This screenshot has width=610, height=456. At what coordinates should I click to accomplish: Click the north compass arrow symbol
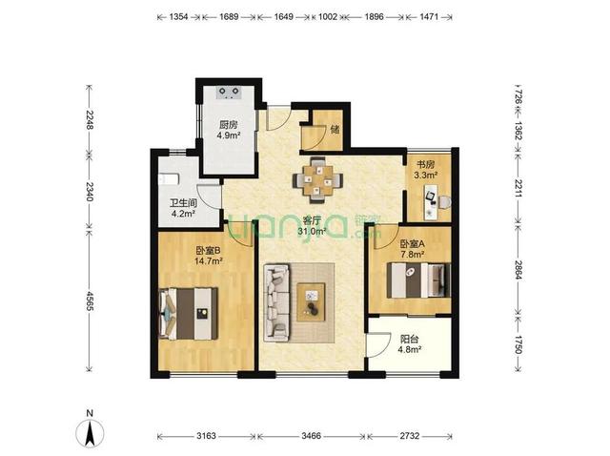click(x=90, y=433)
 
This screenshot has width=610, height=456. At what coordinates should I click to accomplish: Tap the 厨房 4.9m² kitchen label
click(x=229, y=130)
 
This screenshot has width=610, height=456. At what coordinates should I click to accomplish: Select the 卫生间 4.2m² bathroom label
click(x=183, y=208)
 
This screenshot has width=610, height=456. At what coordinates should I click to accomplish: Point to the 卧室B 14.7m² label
click(x=208, y=255)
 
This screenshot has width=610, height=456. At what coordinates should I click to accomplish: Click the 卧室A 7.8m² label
click(x=413, y=249)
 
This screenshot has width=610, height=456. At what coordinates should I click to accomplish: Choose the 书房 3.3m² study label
click(x=426, y=170)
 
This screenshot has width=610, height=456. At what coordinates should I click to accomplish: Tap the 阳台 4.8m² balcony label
click(x=410, y=343)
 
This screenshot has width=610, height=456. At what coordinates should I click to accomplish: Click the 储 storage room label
click(x=335, y=130)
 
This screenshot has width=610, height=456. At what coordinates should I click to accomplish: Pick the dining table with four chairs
click(x=318, y=180)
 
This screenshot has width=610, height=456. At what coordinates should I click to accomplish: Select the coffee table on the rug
click(x=311, y=301)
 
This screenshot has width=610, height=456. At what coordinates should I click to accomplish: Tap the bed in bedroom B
click(x=189, y=314)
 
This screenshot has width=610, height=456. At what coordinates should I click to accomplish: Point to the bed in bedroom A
click(x=418, y=280)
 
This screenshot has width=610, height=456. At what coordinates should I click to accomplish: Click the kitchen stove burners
click(x=229, y=92)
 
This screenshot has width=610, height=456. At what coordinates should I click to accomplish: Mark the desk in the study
click(x=431, y=202)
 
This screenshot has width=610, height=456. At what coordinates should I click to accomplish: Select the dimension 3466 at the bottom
click(x=312, y=436)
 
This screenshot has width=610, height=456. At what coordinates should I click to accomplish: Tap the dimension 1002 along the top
click(x=328, y=17)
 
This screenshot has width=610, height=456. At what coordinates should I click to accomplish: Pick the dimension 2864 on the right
click(x=518, y=268)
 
